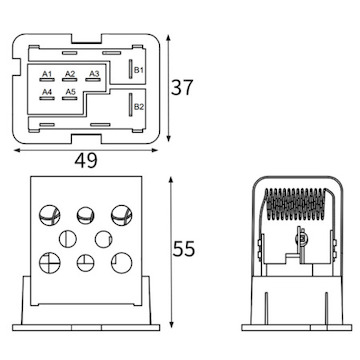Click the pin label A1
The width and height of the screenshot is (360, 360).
[x=47, y=74]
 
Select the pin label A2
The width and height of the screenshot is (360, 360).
[x=70, y=74]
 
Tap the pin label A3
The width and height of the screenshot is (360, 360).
[x=94, y=74]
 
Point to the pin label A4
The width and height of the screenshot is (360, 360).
[x=47, y=92]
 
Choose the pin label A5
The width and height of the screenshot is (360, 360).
[x=70, y=92]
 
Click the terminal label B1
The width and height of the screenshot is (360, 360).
[x=139, y=70]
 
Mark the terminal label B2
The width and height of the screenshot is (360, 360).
[x=139, y=107]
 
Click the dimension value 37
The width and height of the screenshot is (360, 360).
[x=182, y=88]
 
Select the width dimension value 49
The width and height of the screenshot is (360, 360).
[x=86, y=161]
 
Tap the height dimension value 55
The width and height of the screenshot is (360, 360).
[x=183, y=249]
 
